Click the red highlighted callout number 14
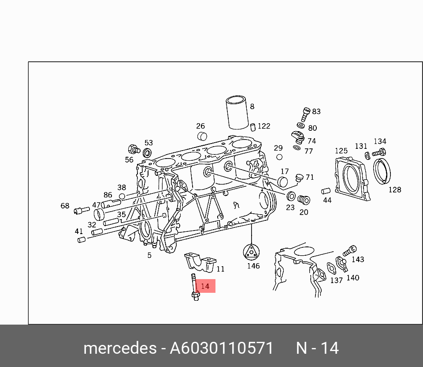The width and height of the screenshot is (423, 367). pos(205,286)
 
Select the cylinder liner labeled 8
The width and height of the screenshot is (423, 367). pos(237,112)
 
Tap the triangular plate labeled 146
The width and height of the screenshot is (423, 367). pos(251,253)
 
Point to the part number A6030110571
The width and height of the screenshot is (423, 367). pos(222,348)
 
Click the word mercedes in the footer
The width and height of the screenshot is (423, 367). pos(120,348)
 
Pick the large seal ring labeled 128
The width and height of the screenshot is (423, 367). pos(382,171)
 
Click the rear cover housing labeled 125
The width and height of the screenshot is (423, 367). pos(352,178)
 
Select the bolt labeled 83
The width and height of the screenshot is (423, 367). pos(306,115)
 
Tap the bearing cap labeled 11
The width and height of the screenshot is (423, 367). pos(200,262)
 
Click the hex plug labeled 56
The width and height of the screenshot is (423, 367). pos(134,149)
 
